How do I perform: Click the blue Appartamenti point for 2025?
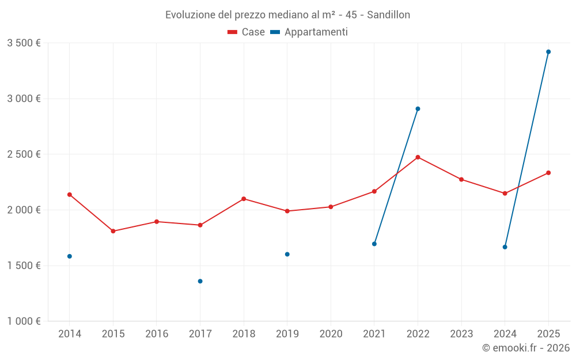tap(548, 52)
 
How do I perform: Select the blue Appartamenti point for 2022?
tap(418, 109)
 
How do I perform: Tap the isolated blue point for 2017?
tap(200, 281)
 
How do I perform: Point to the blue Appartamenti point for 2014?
tap(70, 256)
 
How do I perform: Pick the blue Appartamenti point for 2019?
tap(287, 254)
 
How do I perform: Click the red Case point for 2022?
tap(418, 157)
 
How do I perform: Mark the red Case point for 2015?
tap(113, 231)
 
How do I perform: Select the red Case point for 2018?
tap(244, 199)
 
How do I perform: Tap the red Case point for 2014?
tap(70, 195)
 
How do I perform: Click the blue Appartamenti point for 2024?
tap(505, 247)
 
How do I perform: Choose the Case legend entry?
tap(247, 32)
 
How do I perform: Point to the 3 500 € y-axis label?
tap(24, 43)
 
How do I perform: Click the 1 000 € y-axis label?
tap(24, 321)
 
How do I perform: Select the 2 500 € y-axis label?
tap(24, 154)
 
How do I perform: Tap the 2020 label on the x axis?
tap(331, 334)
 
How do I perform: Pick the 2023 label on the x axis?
tap(461, 334)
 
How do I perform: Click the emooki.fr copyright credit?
tap(525, 348)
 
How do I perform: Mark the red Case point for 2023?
tap(461, 179)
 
